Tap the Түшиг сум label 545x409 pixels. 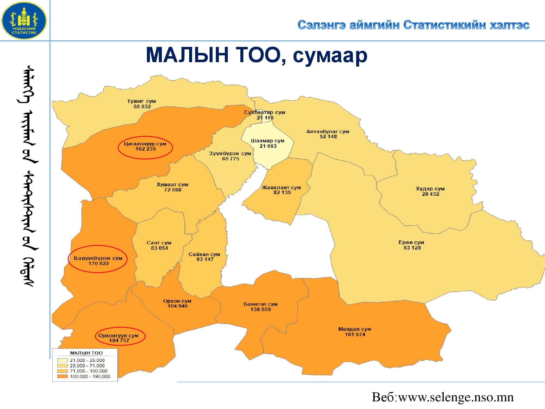[x=141, y=101]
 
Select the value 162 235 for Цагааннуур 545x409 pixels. [x=146, y=149]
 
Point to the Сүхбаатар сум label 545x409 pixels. [x=264, y=112]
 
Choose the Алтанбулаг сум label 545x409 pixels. [x=328, y=131]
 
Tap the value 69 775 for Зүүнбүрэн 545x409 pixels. [x=231, y=159]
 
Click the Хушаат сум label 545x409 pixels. [x=172, y=185]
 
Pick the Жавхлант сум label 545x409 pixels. [x=281, y=188]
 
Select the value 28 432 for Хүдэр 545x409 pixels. [x=431, y=194]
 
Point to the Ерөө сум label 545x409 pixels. [x=411, y=242]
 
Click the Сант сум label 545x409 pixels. [x=159, y=243]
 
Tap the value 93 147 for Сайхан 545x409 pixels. [x=205, y=259]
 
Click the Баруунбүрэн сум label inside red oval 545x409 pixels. [x=98, y=258]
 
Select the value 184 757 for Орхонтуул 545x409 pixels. [x=119, y=341]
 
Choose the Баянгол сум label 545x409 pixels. [x=260, y=304]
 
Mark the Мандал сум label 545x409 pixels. [x=355, y=329]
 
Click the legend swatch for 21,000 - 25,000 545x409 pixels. [x=62, y=360]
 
